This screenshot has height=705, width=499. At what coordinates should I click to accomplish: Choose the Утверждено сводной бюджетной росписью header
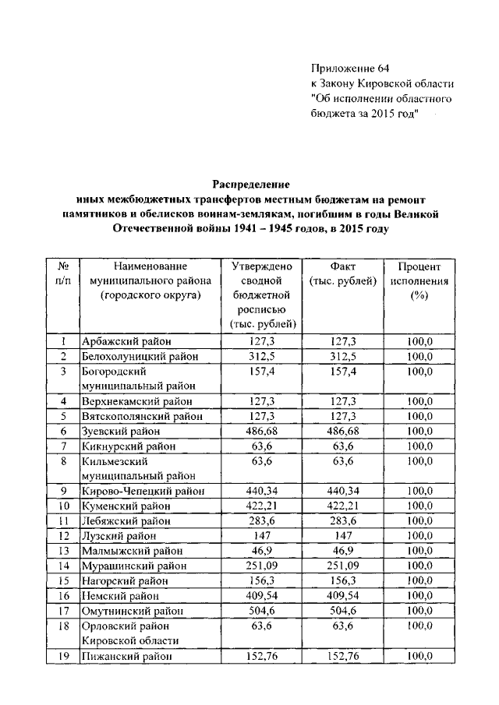pos(261,294)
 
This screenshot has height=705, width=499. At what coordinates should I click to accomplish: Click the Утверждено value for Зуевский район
pos(261,431)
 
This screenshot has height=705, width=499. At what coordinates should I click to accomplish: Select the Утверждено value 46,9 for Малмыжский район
pos(261,551)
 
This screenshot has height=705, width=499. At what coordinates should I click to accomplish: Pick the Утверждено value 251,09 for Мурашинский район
pos(261,566)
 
